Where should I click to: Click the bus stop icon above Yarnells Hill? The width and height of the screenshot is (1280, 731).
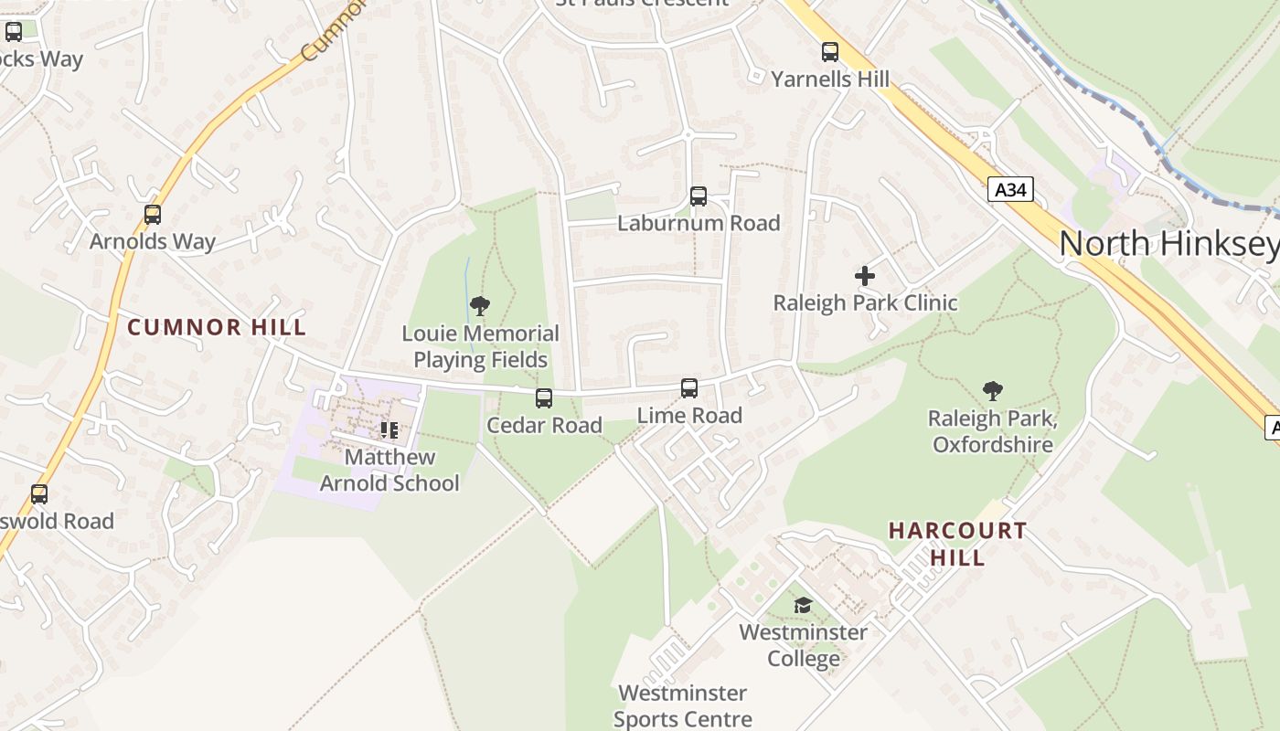tap(829, 52)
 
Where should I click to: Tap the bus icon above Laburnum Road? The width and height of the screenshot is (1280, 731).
tap(699, 196)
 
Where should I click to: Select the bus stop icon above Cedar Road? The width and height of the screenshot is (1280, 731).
tap(544, 398)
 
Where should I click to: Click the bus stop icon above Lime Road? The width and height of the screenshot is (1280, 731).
tap(689, 388)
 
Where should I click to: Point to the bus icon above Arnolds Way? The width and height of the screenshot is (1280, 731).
tap(153, 215)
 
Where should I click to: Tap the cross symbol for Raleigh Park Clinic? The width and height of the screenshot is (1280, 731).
tap(865, 275)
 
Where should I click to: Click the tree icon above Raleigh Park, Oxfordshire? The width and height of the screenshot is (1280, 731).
tap(992, 392)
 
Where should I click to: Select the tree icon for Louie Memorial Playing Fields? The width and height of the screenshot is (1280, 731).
tap(480, 306)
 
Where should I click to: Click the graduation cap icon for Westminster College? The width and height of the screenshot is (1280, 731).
tap(803, 605)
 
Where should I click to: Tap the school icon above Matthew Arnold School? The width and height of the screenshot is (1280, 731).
tap(389, 429)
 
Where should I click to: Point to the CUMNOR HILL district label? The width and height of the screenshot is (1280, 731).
tap(217, 327)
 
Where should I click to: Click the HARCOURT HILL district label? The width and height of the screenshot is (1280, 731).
tap(957, 544)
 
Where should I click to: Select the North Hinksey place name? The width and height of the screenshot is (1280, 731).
tap(1168, 243)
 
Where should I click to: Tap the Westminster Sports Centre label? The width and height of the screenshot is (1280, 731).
tap(682, 706)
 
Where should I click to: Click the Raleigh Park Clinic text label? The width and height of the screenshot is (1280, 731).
tap(865, 303)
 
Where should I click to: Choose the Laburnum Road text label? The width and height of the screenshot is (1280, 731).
tap(699, 223)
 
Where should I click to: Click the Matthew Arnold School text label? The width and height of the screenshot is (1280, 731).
tap(389, 470)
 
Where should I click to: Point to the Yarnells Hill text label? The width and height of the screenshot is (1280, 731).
tap(829, 79)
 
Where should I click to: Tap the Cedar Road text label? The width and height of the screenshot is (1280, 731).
tap(544, 425)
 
